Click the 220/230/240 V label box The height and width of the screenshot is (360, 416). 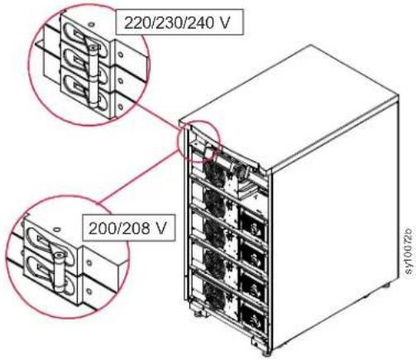pyautogui.click(x=179, y=22)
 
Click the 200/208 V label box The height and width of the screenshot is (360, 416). pyautogui.click(x=129, y=228)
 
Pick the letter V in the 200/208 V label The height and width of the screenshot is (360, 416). pyautogui.click(x=161, y=228)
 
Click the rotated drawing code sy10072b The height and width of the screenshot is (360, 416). pyautogui.click(x=409, y=250)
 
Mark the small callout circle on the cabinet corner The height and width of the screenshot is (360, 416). pyautogui.click(x=199, y=141)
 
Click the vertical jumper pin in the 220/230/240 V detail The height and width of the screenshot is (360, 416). pyautogui.click(x=93, y=74)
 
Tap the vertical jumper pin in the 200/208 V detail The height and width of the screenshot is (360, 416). pyautogui.click(x=59, y=272)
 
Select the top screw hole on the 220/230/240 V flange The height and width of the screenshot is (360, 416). pyautogui.click(x=121, y=55)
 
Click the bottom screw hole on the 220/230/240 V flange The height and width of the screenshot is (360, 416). pyautogui.click(x=120, y=106)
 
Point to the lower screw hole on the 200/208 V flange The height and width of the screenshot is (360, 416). pyautogui.click(x=88, y=290)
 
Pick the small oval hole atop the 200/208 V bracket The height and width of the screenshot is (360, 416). pyautogui.click(x=56, y=228)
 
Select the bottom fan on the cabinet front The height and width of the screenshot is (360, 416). pyautogui.click(x=215, y=293)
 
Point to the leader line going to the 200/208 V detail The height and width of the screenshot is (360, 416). pyautogui.click(x=138, y=177)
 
